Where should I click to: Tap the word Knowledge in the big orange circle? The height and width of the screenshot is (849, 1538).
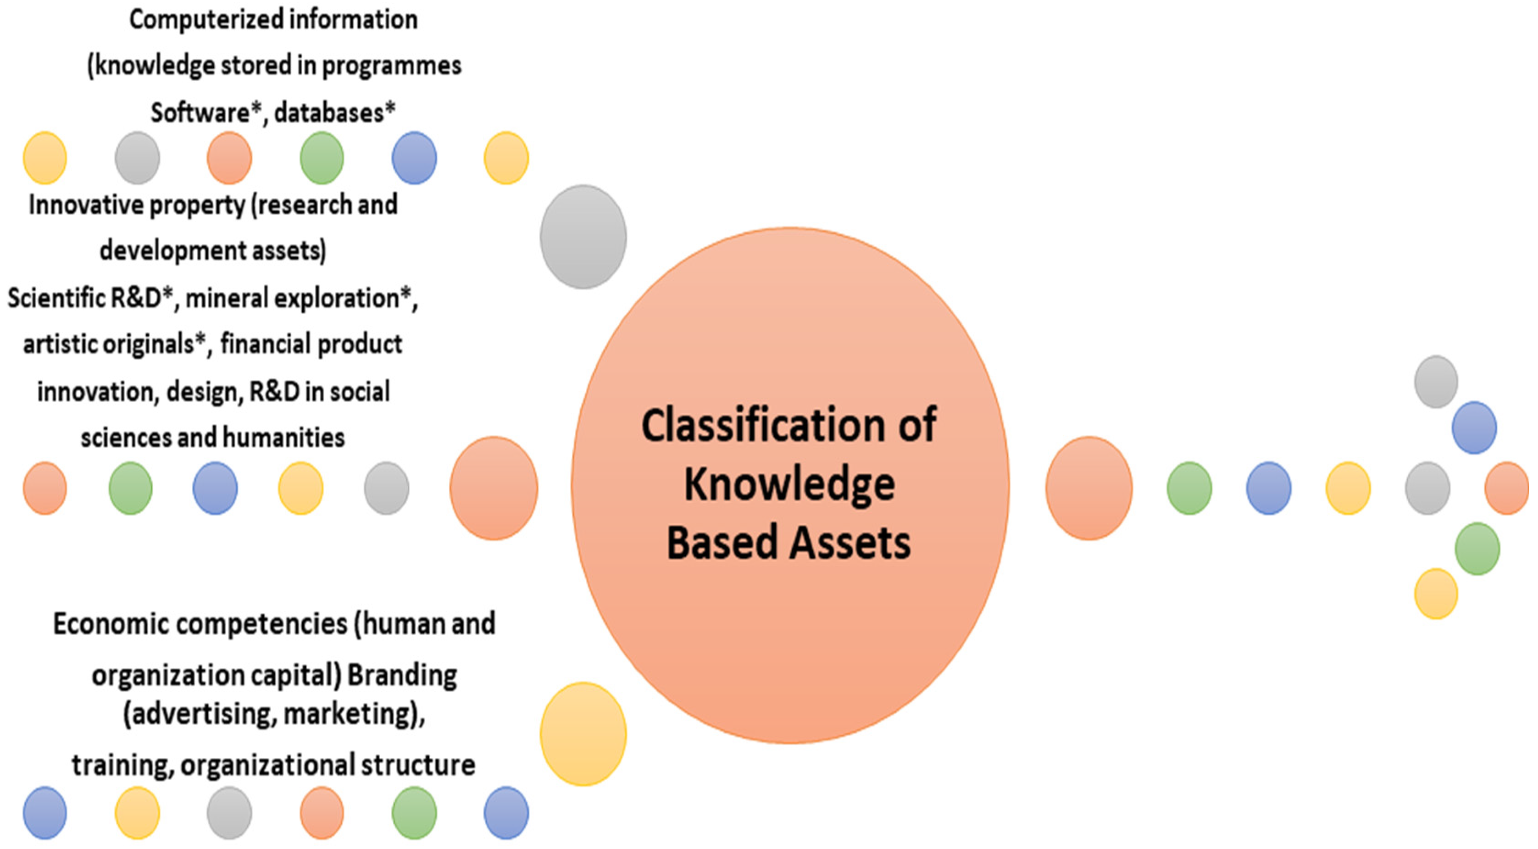[789, 485]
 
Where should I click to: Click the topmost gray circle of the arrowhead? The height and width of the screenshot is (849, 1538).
[1435, 382]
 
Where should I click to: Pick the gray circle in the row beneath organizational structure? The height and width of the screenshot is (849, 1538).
[229, 813]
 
